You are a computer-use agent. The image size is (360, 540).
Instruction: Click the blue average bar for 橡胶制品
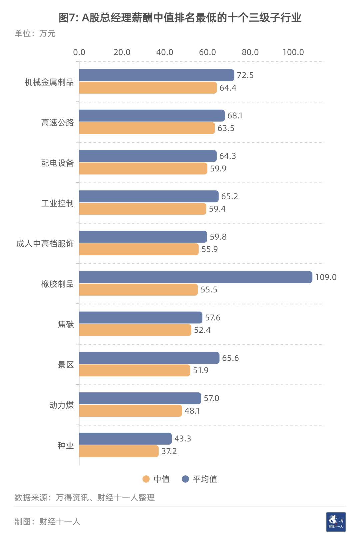click(x=195, y=277)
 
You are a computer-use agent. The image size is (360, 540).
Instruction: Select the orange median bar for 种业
click(x=119, y=451)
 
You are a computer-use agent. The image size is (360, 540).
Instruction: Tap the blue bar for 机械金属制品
click(x=156, y=75)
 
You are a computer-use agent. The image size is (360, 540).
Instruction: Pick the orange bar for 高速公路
click(x=147, y=128)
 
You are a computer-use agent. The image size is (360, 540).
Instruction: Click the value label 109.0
click(x=326, y=277)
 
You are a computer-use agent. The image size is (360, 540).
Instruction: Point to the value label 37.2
click(x=169, y=451)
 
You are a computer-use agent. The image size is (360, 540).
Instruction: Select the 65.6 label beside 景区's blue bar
click(x=230, y=358)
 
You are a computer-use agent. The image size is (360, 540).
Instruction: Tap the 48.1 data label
click(x=192, y=411)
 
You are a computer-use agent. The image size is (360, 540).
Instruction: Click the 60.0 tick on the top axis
click(x=207, y=52)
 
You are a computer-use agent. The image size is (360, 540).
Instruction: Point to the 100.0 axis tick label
click(x=293, y=52)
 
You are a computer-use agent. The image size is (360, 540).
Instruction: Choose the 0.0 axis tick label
click(x=79, y=52)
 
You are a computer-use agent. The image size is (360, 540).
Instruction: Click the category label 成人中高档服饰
click(x=45, y=244)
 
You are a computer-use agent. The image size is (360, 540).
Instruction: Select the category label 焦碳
click(x=66, y=324)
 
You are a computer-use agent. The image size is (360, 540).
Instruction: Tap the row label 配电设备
click(x=57, y=163)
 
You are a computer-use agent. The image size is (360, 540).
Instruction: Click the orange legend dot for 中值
click(x=146, y=479)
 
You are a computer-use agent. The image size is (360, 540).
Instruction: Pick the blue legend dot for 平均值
click(x=185, y=479)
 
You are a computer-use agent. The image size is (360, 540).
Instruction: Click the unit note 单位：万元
click(x=35, y=33)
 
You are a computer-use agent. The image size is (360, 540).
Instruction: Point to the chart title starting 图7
click(x=180, y=17)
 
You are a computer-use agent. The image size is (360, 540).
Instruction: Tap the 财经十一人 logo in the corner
click(x=336, y=522)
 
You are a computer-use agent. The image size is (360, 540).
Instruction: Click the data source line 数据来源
click(x=85, y=498)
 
